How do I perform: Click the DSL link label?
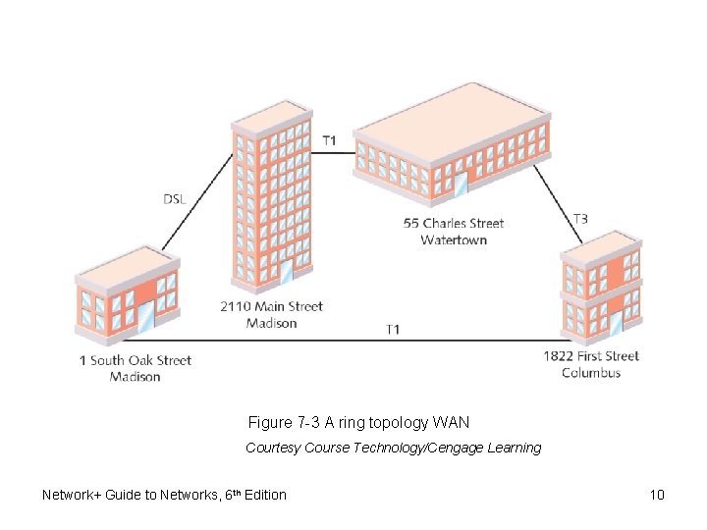[174, 199]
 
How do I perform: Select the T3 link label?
[580, 219]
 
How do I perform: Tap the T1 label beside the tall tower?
[329, 140]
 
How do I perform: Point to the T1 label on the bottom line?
[392, 329]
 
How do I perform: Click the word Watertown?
[454, 240]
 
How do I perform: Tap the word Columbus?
[591, 373]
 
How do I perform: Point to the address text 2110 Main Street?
[271, 306]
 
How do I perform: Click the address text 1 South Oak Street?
[136, 360]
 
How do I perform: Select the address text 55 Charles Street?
[454, 224]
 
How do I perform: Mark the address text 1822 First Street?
[591, 356]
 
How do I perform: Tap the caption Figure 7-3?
[284, 423]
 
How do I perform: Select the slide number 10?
[657, 495]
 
